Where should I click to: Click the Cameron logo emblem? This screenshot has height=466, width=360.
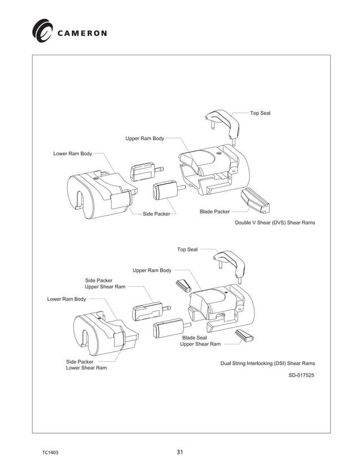42,30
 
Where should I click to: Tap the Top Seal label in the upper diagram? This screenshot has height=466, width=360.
260,113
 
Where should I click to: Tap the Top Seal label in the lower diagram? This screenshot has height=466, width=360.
187,249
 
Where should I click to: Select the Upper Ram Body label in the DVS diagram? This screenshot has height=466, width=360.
144,139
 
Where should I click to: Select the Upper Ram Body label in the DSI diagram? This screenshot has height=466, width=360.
152,271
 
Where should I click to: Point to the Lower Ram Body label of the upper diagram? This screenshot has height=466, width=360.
72,153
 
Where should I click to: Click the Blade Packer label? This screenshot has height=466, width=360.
214,212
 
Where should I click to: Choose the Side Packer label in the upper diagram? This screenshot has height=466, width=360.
156,214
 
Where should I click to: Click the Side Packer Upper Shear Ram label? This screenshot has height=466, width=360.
105,283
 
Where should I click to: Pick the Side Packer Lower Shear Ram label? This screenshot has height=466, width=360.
86,365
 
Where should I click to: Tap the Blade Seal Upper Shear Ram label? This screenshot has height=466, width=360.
200,341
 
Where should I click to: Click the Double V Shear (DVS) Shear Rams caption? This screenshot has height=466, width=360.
275,223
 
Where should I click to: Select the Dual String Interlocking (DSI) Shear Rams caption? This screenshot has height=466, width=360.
267,363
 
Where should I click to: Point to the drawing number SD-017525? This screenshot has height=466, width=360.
301,375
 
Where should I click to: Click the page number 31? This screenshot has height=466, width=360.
180,452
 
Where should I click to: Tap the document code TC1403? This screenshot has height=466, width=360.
51,452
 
